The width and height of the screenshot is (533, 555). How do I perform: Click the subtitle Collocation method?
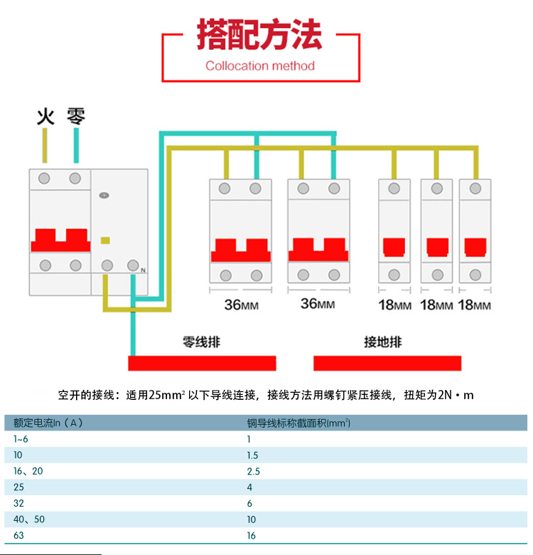pyautogui.click(x=259, y=66)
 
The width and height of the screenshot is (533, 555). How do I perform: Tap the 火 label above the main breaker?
pyautogui.click(x=45, y=116)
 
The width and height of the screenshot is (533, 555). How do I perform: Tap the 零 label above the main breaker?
pyautogui.click(x=76, y=116)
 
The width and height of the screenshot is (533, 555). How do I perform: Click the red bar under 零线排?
pyautogui.click(x=202, y=363)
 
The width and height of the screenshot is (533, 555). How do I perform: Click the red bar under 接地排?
pyautogui.click(x=387, y=363)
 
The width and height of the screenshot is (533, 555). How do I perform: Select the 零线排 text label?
pyautogui.click(x=201, y=342)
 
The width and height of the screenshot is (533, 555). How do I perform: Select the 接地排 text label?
pyautogui.click(x=383, y=342)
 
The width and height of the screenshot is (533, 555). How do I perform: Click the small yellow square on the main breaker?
pyautogui.click(x=106, y=240)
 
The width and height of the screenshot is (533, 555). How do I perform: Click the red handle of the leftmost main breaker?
pyautogui.click(x=60, y=240)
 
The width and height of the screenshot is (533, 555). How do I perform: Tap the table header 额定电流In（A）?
pyautogui.click(x=48, y=423)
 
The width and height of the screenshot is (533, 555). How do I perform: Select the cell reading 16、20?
pyautogui.click(x=28, y=471)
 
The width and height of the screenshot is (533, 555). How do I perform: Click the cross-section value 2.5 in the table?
pyautogui.click(x=253, y=471)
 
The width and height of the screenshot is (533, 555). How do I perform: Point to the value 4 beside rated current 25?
pyautogui.click(x=249, y=487)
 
